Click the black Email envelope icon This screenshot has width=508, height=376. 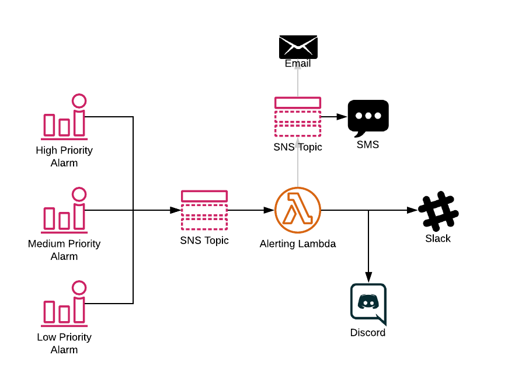click(298, 47)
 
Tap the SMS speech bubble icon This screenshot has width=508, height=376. click(368, 118)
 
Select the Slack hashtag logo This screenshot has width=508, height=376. click(439, 211)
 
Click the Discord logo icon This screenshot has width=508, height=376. click(368, 304)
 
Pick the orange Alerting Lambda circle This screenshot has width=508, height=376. click(298, 210)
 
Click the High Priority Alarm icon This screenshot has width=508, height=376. click(64, 117)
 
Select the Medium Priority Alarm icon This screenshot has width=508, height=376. click(64, 210)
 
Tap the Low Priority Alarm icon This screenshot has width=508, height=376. click(64, 304)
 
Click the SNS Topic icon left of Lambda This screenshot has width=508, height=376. click(204, 210)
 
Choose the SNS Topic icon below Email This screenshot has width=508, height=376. click(298, 117)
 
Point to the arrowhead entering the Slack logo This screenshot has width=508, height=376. click(412, 210)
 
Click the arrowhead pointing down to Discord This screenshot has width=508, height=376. click(368, 277)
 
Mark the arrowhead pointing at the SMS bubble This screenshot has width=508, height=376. click(342, 117)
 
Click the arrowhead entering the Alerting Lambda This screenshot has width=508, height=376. click(269, 210)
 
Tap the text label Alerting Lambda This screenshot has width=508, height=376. click(298, 243)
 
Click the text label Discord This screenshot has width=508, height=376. click(368, 333)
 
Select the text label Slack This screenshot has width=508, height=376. click(438, 238)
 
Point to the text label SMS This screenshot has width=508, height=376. click(368, 144)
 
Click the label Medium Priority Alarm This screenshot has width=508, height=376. click(64, 250)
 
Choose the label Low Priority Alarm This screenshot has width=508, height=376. click(64, 343)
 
